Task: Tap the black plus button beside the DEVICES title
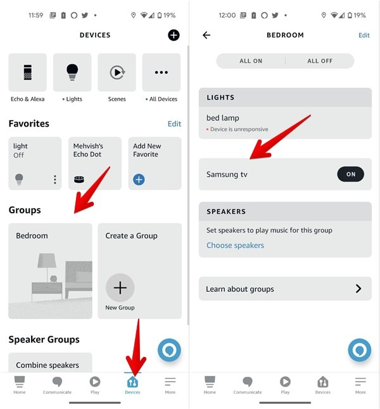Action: click(x=174, y=35)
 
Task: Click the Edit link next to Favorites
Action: click(x=174, y=124)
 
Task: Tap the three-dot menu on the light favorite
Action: click(x=55, y=180)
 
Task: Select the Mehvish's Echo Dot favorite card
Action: click(x=94, y=163)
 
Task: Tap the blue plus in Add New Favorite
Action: click(x=139, y=180)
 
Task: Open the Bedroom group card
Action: click(x=50, y=270)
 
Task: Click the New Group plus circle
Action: click(x=120, y=289)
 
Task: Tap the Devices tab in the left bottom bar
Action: click(x=132, y=385)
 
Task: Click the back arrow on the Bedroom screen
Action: click(x=206, y=35)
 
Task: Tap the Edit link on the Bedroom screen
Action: click(x=364, y=35)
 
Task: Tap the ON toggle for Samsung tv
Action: click(x=350, y=175)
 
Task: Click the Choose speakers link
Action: click(x=235, y=246)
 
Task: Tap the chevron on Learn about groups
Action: click(x=358, y=289)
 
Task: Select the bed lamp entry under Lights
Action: click(x=285, y=123)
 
